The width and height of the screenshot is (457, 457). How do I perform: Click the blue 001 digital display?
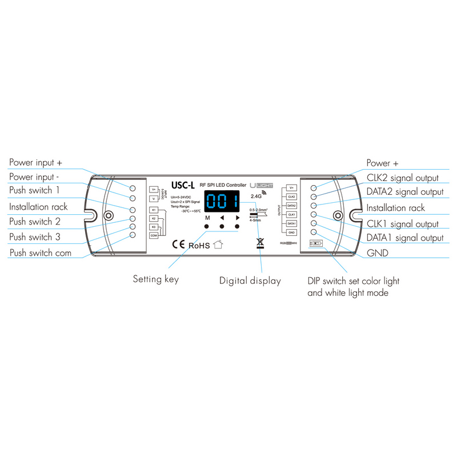click(221, 202)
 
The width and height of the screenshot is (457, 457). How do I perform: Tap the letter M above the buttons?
click(207, 218)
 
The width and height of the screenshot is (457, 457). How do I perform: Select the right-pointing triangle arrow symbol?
click(237, 218)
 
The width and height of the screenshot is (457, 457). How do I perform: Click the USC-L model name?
click(183, 185)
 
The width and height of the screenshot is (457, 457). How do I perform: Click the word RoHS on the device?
click(199, 245)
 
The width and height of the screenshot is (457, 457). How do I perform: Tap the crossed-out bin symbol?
click(260, 243)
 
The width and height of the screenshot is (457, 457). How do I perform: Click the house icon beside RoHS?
click(218, 244)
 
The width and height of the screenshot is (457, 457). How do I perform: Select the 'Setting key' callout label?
click(156, 279)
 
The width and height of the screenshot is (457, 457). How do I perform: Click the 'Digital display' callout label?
click(250, 280)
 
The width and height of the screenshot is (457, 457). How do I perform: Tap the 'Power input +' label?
click(35, 163)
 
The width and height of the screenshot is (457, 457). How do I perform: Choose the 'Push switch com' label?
click(41, 252)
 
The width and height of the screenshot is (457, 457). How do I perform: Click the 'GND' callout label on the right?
click(378, 252)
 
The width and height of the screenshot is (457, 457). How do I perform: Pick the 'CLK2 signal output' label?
click(402, 178)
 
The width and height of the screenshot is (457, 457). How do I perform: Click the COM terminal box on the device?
click(154, 235)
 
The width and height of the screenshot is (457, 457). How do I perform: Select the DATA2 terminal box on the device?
click(291, 205)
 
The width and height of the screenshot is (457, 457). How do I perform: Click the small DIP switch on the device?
click(316, 243)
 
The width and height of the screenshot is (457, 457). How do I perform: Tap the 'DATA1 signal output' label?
click(404, 238)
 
